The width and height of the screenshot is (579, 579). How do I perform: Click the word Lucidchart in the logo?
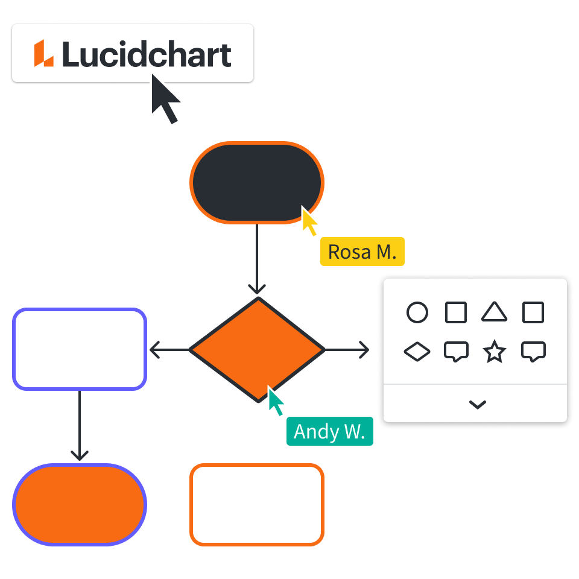(x=147, y=55)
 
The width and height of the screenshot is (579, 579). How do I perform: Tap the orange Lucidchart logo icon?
(x=43, y=54)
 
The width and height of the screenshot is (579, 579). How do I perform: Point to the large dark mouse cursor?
(x=164, y=99)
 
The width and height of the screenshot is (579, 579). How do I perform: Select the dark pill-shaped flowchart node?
(x=257, y=183)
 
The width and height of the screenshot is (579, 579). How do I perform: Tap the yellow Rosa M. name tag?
(x=362, y=252)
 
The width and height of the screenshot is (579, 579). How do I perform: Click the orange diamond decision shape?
(x=257, y=349)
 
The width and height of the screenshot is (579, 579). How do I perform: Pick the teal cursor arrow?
(x=276, y=402)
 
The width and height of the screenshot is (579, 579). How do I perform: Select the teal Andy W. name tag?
(x=329, y=432)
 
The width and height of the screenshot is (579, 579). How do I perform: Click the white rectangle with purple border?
(x=80, y=349)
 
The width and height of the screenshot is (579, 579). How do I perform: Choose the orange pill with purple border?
(x=80, y=505)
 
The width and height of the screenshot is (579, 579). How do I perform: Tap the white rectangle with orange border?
(x=257, y=505)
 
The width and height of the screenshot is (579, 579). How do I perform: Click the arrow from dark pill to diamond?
(x=257, y=259)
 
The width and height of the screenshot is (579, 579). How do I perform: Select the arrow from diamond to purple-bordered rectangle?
(x=169, y=349)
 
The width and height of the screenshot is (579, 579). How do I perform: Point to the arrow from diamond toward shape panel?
(x=347, y=349)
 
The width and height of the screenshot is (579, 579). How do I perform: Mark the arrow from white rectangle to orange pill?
(x=80, y=426)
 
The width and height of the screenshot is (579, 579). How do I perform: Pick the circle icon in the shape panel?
(x=417, y=313)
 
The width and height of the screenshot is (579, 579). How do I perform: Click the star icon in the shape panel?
(x=494, y=352)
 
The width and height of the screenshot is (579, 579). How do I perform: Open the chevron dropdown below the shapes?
(x=477, y=405)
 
